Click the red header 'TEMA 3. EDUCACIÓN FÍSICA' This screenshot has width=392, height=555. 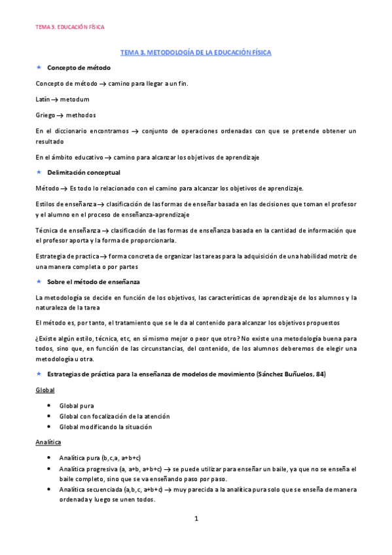[69, 27]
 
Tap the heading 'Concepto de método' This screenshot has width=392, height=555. [79, 67]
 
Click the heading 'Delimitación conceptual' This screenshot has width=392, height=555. [84, 173]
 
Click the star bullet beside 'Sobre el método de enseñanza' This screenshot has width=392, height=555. [39, 281]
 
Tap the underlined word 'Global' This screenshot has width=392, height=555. [45, 389]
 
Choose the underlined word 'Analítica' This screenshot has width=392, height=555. [48, 442]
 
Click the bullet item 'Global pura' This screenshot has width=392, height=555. [77, 406]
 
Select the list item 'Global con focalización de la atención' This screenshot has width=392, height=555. [105, 416]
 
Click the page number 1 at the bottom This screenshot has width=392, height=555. [196, 519]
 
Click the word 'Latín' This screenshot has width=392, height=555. [43, 99]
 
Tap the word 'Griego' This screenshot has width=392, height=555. [45, 115]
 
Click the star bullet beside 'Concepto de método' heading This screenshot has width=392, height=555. [39, 67]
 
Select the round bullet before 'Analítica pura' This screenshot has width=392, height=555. [50, 459]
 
